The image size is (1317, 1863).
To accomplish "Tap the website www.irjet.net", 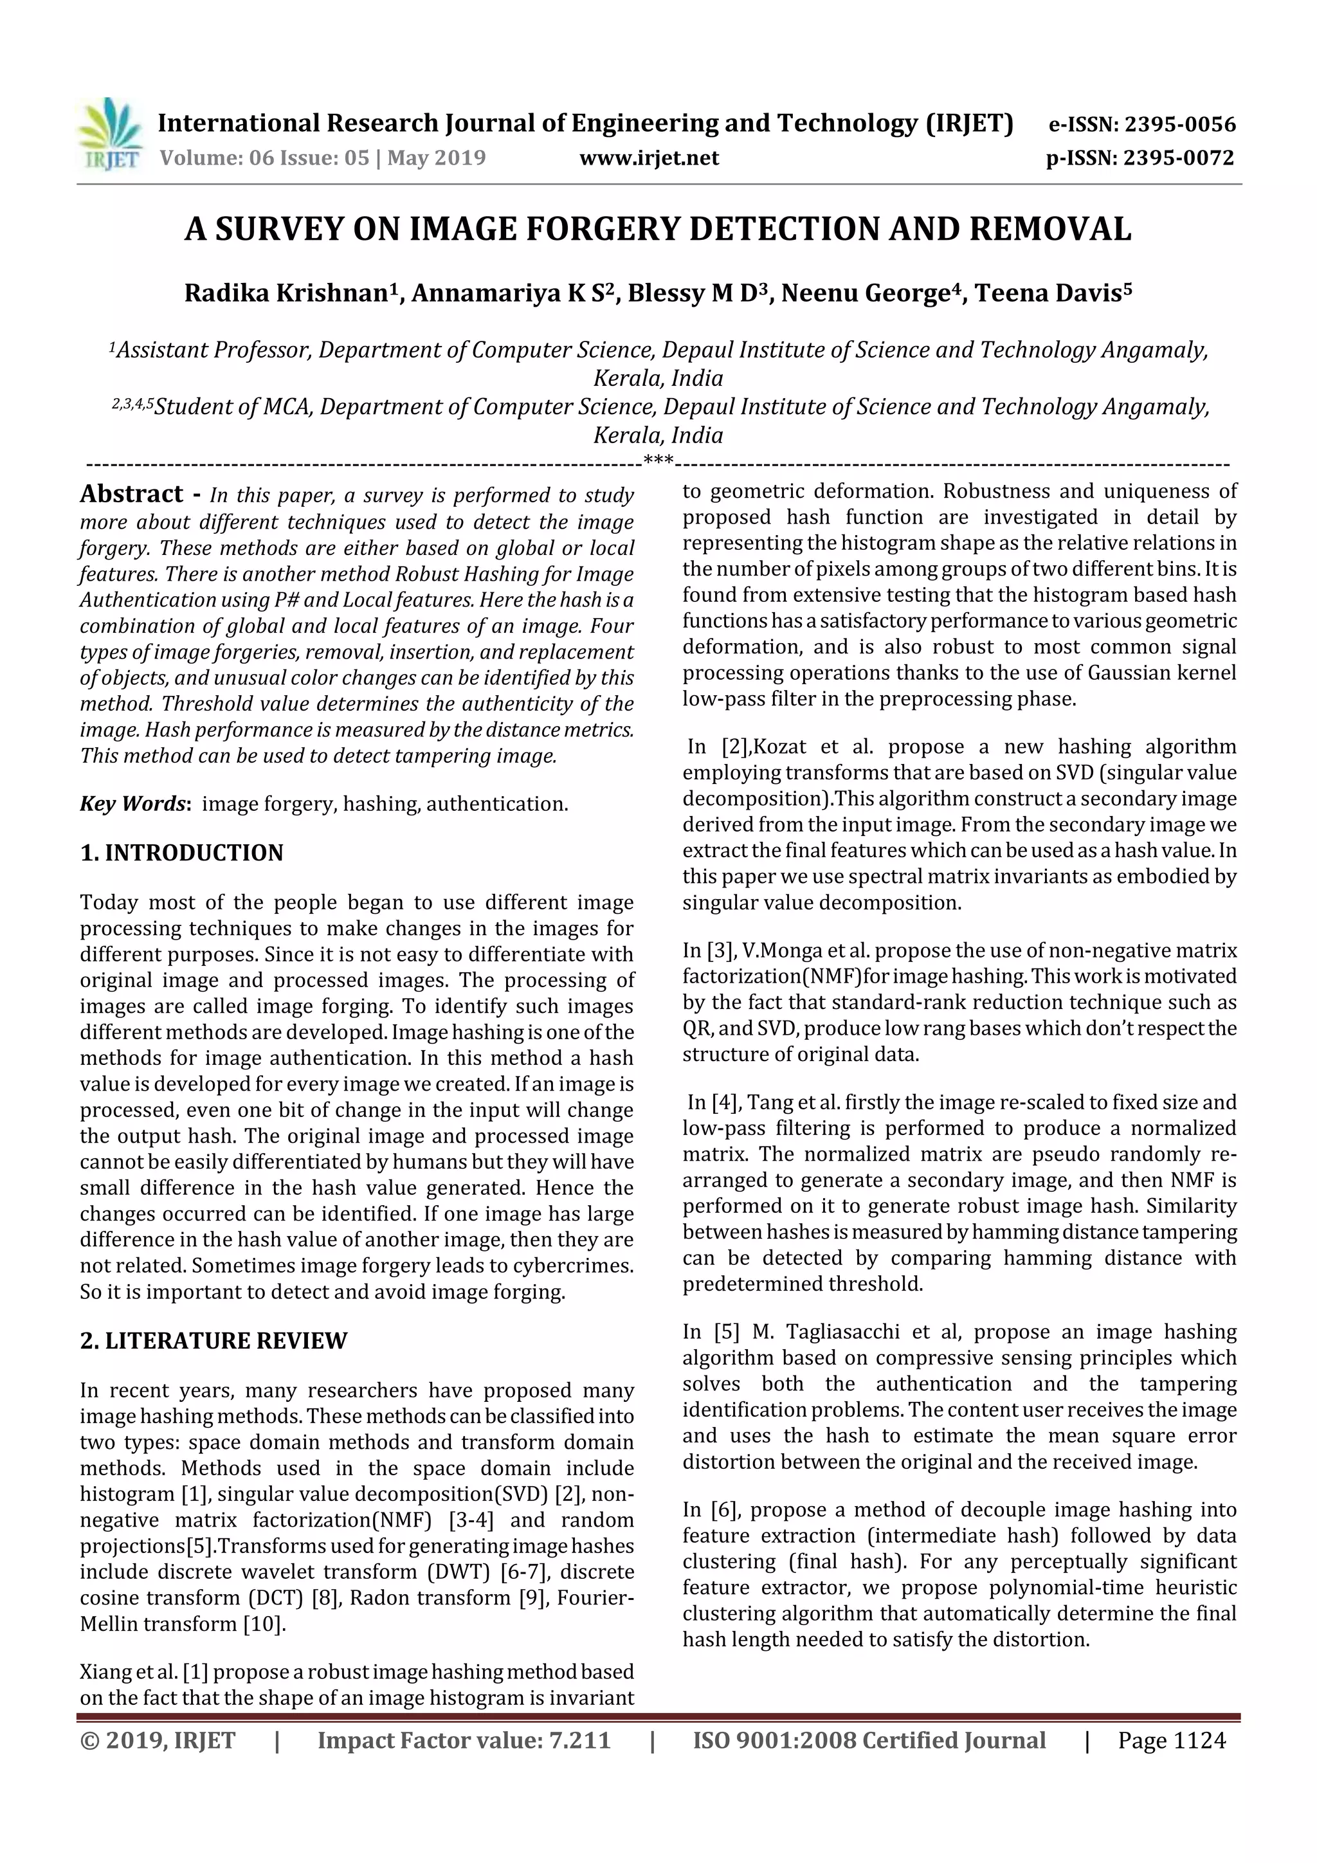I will [x=649, y=158].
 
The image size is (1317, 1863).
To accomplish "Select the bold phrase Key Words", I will [x=134, y=803].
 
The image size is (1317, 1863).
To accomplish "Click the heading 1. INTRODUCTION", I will [x=182, y=853].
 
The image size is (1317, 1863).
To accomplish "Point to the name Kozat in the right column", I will [x=777, y=747].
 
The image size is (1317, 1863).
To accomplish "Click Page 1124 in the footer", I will [x=1171, y=1740].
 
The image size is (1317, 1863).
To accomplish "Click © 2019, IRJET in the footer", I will [x=158, y=1740].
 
